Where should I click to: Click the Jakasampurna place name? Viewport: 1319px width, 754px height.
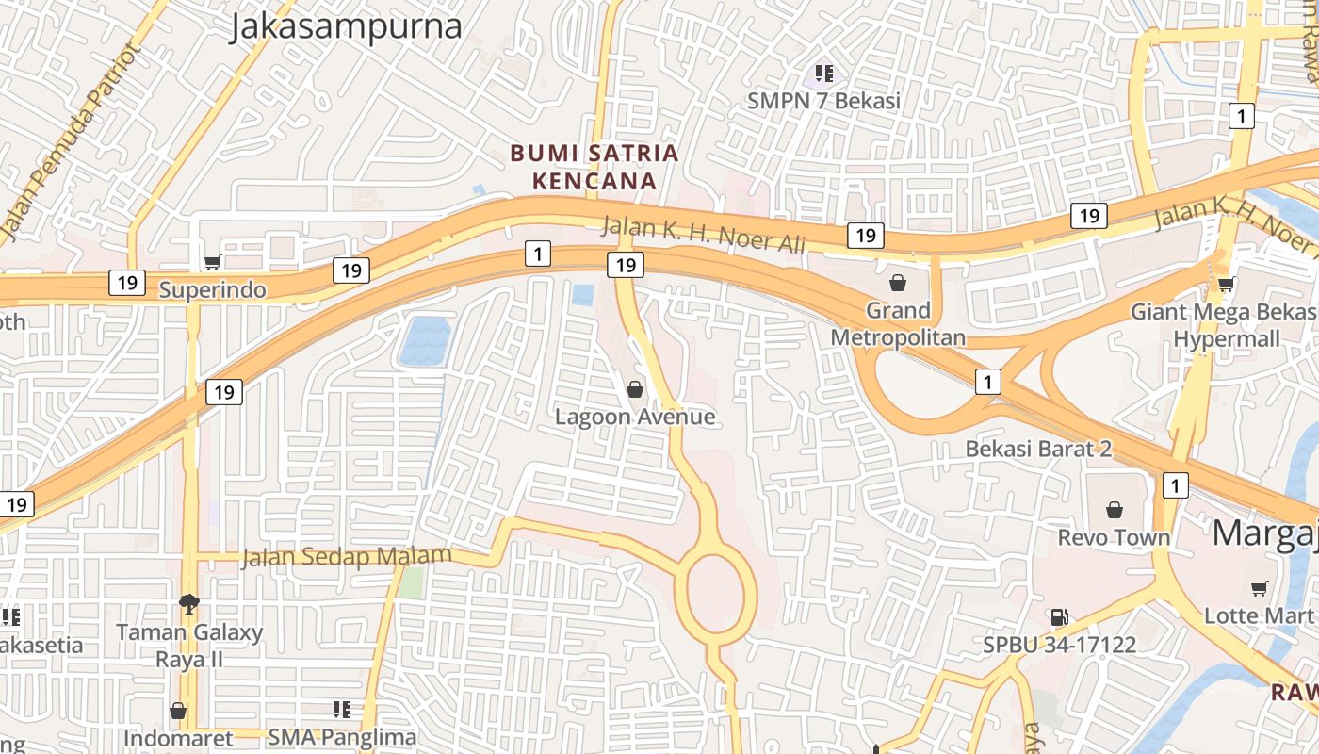tap(346, 26)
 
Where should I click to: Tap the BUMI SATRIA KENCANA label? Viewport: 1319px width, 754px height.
tap(594, 166)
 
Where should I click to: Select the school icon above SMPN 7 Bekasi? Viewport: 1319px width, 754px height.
tap(824, 73)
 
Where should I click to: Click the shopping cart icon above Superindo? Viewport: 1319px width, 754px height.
tap(213, 263)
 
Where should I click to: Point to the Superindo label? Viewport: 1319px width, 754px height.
tap(212, 289)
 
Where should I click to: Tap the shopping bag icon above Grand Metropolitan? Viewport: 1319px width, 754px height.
tap(898, 282)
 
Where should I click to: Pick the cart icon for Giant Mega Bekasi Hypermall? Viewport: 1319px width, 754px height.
tap(1226, 284)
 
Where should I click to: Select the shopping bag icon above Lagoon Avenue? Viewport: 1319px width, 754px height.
tap(635, 389)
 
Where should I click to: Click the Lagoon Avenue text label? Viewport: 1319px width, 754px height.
tap(635, 417)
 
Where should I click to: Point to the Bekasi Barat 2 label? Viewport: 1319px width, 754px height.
tap(1038, 449)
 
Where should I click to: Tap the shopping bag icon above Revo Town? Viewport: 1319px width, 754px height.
tap(1115, 510)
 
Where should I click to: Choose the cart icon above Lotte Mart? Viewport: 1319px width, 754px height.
tap(1259, 589)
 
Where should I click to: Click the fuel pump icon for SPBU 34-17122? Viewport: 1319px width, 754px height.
tap(1059, 618)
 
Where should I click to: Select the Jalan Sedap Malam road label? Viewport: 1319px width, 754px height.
tap(347, 557)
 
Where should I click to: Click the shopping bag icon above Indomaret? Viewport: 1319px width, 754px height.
tap(177, 711)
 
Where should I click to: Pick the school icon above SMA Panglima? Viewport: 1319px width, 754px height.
tap(342, 709)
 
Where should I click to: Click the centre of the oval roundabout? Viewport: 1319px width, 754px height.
tap(716, 592)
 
